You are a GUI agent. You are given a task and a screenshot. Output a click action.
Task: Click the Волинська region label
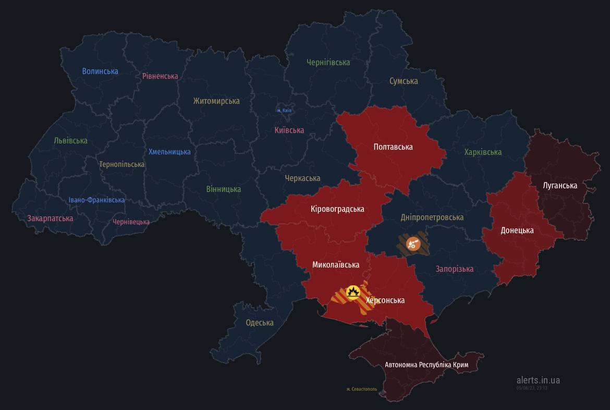pyautogui.click(x=100, y=71)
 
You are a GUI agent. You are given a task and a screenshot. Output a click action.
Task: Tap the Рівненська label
pyautogui.click(x=160, y=76)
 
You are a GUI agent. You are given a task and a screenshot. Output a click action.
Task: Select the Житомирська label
pyautogui.click(x=216, y=101)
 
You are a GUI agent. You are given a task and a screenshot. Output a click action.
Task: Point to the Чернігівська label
pyautogui.click(x=328, y=62)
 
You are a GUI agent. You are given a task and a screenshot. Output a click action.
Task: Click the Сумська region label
pyautogui.click(x=404, y=81)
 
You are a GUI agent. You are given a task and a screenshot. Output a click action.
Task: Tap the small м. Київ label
pyautogui.click(x=284, y=111)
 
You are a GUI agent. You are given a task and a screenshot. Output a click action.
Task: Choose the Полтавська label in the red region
pyautogui.click(x=393, y=147)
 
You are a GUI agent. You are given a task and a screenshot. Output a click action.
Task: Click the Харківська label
pyautogui.click(x=483, y=152)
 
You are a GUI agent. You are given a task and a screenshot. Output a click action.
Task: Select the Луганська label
pyautogui.click(x=560, y=185)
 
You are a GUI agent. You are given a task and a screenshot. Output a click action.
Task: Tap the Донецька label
pyautogui.click(x=517, y=230)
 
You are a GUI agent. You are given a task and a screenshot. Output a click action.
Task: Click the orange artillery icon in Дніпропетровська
pyautogui.click(x=413, y=243)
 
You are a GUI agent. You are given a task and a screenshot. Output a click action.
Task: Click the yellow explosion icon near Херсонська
pyautogui.click(x=353, y=292)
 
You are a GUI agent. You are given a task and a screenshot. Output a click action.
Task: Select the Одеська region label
pyautogui.click(x=260, y=322)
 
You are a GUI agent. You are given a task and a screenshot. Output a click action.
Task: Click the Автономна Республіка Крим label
pyautogui.click(x=426, y=364)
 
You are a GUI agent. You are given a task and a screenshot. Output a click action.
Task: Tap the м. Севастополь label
pyautogui.click(x=361, y=389)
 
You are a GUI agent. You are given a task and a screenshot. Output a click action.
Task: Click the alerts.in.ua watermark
pyautogui.click(x=538, y=380)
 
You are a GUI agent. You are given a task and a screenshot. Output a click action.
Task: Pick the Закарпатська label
pyautogui.click(x=50, y=218)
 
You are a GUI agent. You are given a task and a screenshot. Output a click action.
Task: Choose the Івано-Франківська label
pyautogui.click(x=96, y=200)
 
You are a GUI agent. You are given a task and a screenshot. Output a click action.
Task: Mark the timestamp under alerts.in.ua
pyautogui.click(x=532, y=388)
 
